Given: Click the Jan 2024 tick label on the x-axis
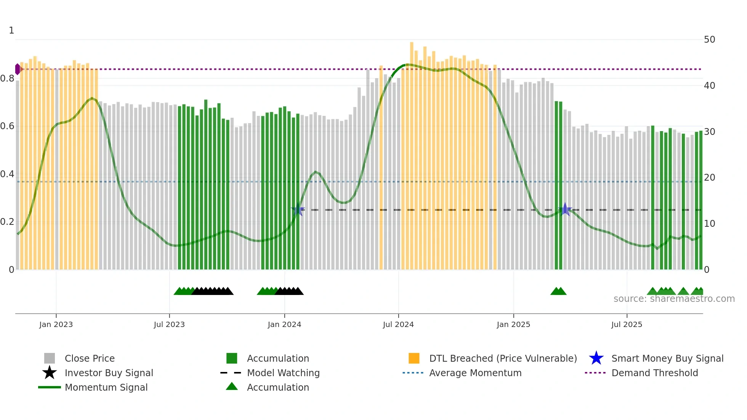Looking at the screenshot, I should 284,324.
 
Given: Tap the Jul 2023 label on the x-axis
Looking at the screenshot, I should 169,324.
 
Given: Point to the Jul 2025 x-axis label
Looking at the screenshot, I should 627,324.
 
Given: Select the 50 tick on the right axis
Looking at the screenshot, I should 709,40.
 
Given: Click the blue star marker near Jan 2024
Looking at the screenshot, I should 298,210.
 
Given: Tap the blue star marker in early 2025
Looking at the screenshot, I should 565,210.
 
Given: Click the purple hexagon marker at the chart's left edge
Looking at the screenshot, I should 18,69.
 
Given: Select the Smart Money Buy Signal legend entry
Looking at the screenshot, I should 667,358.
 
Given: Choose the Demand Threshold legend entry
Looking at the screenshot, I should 654,373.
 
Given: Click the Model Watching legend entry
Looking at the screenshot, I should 283,373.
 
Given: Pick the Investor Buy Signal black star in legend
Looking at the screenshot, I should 50,373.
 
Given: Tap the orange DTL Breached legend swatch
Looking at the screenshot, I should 414,358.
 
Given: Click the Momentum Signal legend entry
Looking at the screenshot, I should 106,387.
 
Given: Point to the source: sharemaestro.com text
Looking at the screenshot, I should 674,299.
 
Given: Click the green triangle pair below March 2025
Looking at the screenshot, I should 558,292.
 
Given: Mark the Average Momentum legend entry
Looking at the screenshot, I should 475,373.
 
